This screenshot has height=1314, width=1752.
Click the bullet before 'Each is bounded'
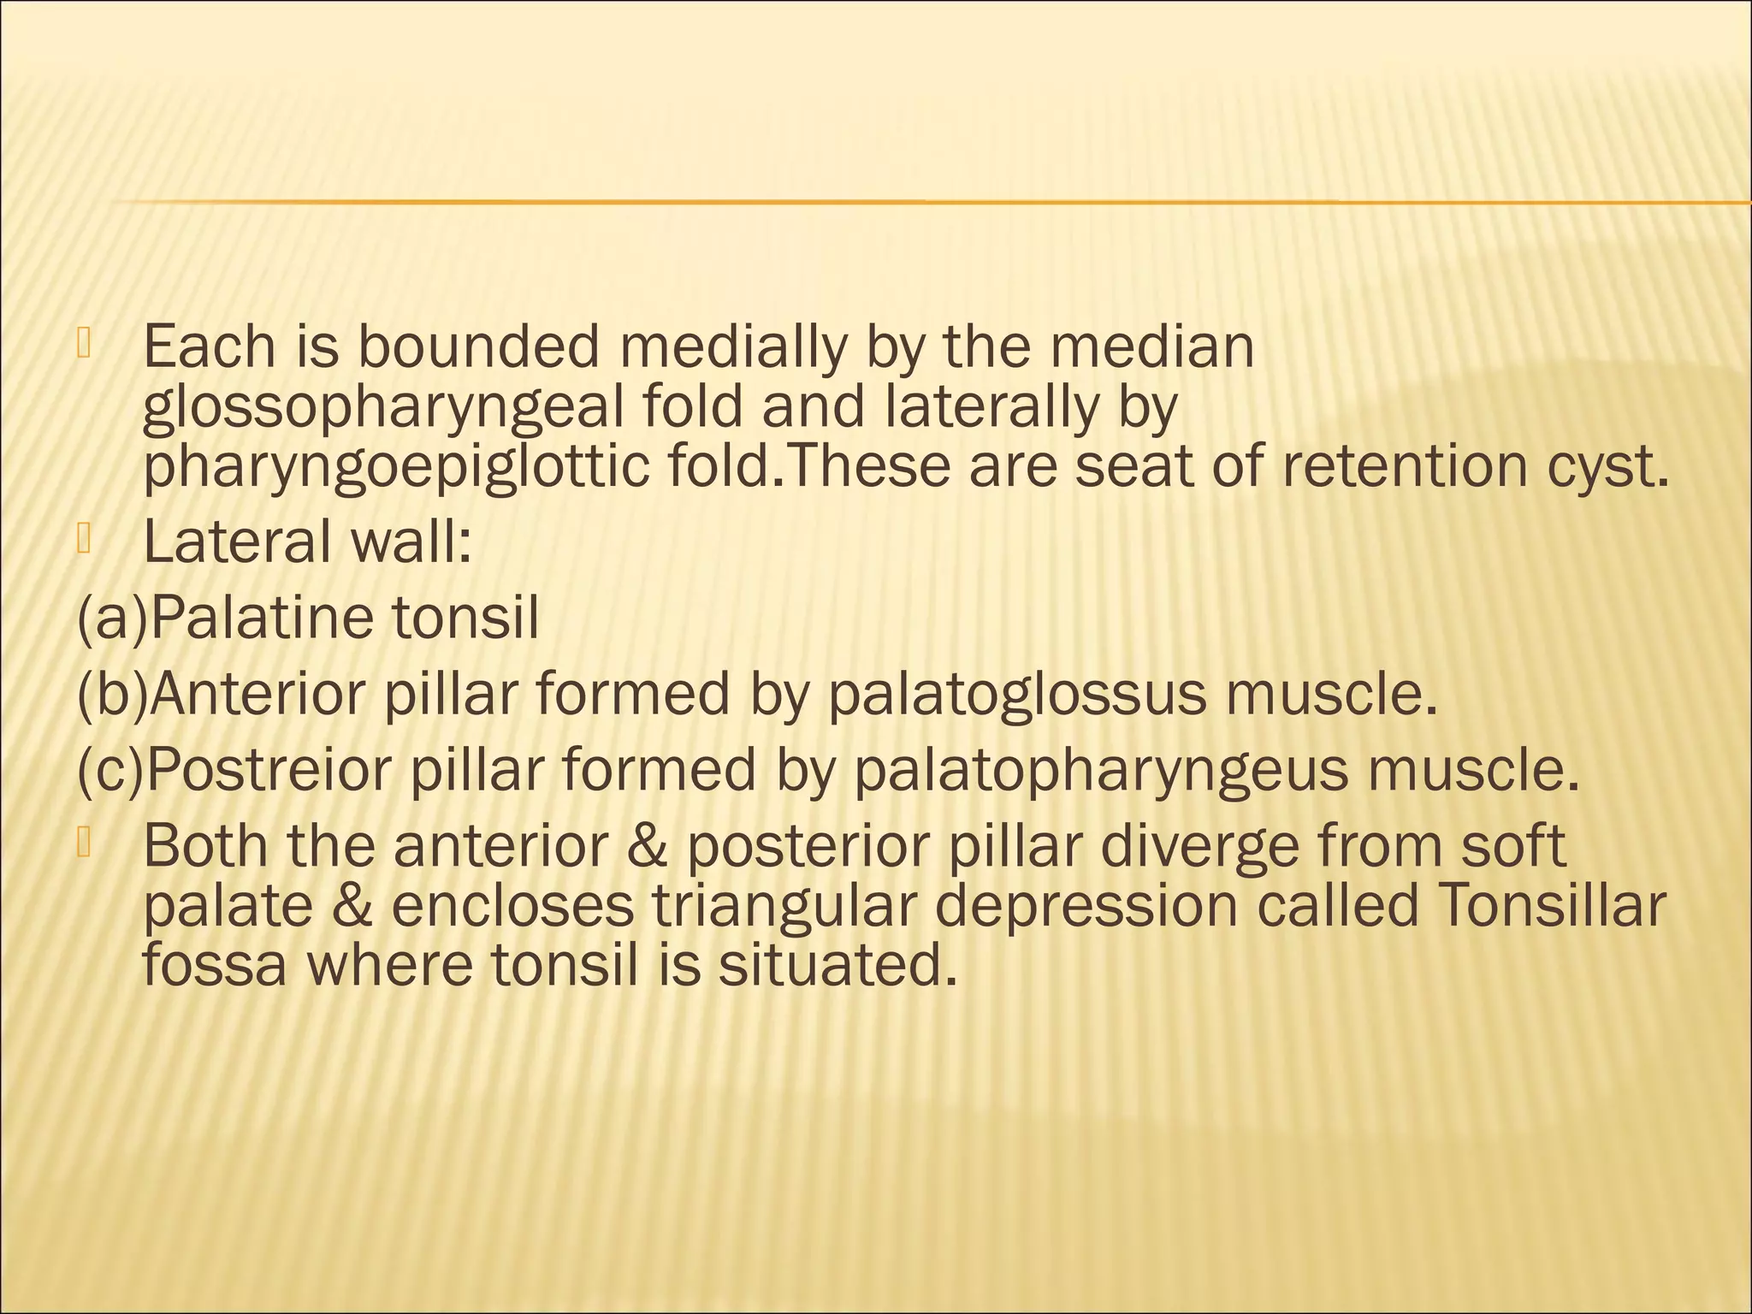(84, 343)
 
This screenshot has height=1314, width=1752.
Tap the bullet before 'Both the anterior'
(84, 843)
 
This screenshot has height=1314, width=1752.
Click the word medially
(732, 349)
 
